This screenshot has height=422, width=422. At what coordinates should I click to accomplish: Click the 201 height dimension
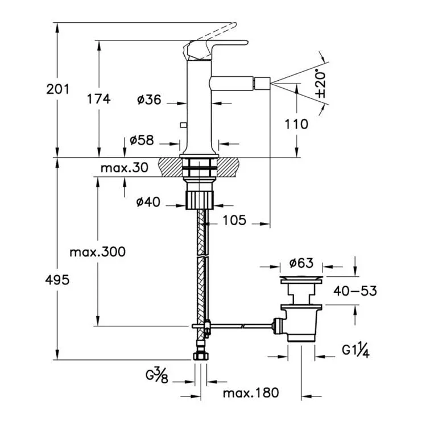pos(57,89)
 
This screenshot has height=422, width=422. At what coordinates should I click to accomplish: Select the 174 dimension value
pos(98,99)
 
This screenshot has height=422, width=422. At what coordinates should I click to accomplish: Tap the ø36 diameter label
pos(149,100)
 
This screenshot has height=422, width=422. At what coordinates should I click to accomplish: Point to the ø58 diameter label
pos(142,140)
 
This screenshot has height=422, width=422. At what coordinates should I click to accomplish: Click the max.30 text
pos(125,168)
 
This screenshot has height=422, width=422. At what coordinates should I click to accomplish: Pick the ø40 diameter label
pos(148,202)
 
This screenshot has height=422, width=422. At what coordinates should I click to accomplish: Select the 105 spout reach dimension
pos(234,220)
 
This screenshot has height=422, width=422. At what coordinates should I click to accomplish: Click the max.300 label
pos(97,252)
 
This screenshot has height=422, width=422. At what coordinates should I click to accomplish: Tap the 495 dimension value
pos(57,280)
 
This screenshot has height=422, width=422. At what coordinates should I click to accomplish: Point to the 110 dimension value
pos(296,124)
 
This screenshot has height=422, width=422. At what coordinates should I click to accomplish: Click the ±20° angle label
pos(321,84)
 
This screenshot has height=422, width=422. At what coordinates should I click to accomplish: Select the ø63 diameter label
pos(301,263)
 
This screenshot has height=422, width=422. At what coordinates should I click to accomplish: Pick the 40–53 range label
pos(355,291)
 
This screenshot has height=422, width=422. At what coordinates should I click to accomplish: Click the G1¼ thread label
pos(355,350)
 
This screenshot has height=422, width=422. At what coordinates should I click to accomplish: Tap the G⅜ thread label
pos(157,375)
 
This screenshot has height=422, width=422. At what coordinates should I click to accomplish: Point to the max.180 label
pos(251,393)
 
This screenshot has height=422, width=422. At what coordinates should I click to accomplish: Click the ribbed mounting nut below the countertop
pos(200,200)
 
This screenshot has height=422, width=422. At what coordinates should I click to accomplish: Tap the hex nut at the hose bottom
pos(201,356)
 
